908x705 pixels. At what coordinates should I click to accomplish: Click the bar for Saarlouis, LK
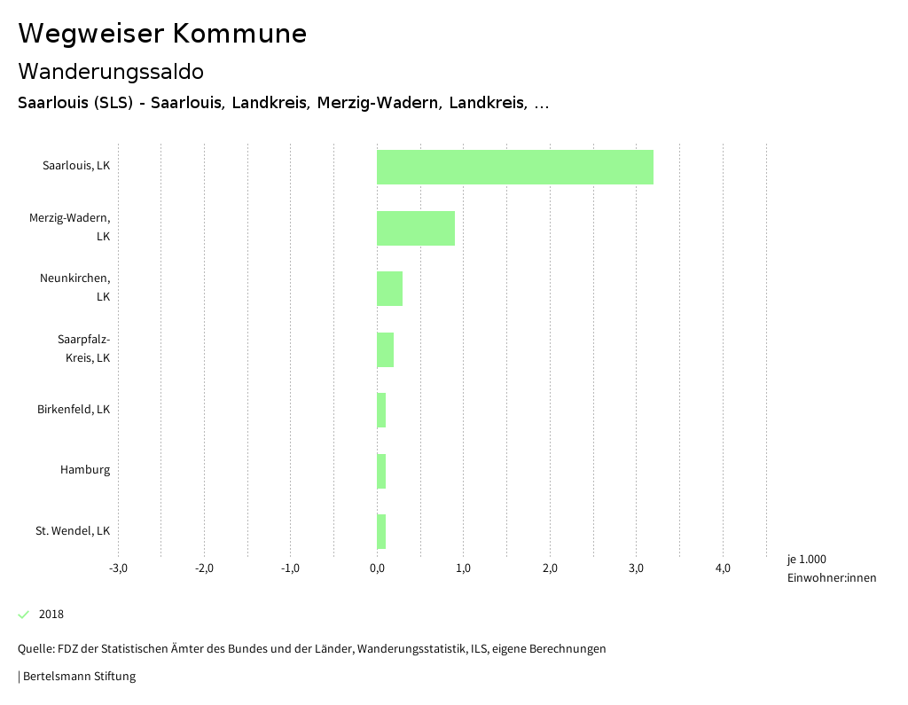pyautogui.click(x=514, y=167)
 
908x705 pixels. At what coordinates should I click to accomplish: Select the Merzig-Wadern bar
pyautogui.click(x=415, y=228)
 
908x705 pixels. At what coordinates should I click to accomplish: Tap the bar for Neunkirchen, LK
pyautogui.click(x=389, y=288)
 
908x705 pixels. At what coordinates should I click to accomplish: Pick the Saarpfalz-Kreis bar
pyautogui.click(x=385, y=349)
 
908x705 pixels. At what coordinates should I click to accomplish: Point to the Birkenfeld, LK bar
pyautogui.click(x=381, y=410)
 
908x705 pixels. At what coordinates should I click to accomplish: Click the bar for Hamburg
pyautogui.click(x=381, y=471)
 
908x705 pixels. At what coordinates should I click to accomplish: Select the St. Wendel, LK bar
pyautogui.click(x=381, y=531)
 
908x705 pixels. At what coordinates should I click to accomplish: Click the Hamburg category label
pyautogui.click(x=85, y=470)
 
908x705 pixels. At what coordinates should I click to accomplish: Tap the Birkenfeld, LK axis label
pyautogui.click(x=74, y=410)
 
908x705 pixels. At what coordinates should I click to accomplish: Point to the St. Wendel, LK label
pyautogui.click(x=73, y=531)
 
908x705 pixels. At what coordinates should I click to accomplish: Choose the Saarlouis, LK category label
pyautogui.click(x=76, y=166)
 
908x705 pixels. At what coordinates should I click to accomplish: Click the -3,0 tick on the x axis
pyautogui.click(x=118, y=568)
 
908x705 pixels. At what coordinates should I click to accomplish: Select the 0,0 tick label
pyautogui.click(x=377, y=568)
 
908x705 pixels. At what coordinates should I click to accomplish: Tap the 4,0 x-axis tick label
pyautogui.click(x=723, y=568)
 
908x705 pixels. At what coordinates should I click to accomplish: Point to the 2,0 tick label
pyautogui.click(x=550, y=568)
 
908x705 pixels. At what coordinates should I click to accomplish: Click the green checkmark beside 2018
pyautogui.click(x=24, y=614)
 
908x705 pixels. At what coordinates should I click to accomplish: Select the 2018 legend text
pyautogui.click(x=51, y=615)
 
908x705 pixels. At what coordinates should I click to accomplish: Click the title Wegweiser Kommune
pyautogui.click(x=162, y=34)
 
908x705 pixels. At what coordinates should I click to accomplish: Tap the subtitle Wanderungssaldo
pyautogui.click(x=111, y=71)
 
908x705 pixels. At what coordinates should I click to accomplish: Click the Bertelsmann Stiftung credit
pyautogui.click(x=78, y=676)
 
